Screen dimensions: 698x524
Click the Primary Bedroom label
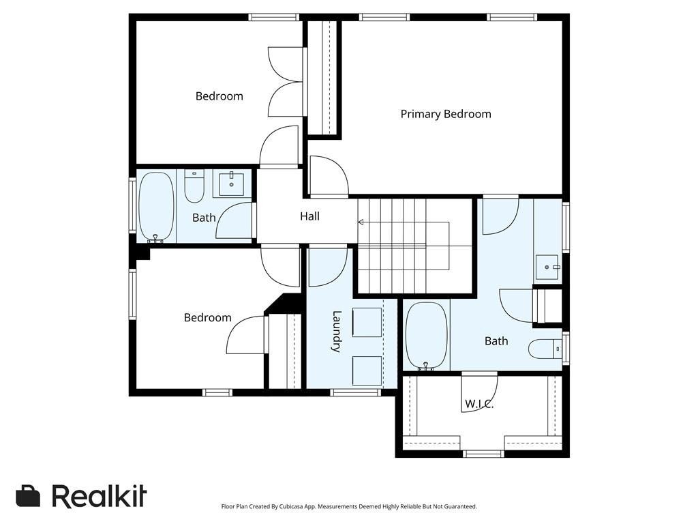pos(446,114)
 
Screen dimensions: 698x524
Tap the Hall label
pos(309,216)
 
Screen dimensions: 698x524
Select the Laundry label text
pos(337,332)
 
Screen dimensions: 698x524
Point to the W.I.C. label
pos(479,404)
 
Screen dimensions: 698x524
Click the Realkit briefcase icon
pos(28,495)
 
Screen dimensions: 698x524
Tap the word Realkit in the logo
pos(100,495)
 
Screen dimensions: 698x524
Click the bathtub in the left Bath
pos(156,207)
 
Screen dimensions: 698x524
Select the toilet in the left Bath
pos(194,186)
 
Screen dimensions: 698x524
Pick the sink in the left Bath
pos(231,184)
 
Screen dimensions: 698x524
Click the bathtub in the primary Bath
pos(426,336)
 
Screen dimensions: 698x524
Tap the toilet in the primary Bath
pos(545,349)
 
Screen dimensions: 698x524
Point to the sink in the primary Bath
pos(547,267)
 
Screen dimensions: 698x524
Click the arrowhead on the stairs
pos(361,222)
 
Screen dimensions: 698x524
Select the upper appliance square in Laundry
pos(367,322)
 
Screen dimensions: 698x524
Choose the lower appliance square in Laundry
pos(367,370)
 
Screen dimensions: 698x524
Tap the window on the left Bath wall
pos(132,205)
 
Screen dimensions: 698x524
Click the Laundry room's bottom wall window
pos(355,392)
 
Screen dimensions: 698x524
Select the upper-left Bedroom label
pos(219,96)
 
